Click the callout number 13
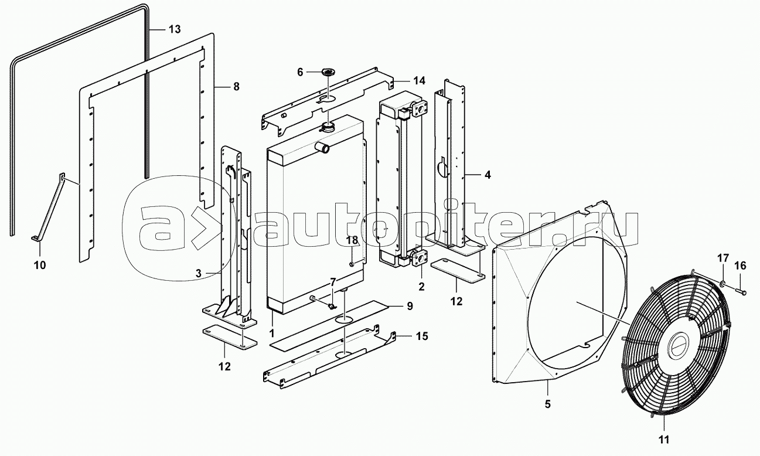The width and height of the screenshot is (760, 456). coord(175,29)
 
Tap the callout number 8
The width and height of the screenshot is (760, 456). coord(237,87)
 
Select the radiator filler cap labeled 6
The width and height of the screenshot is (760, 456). coord(328,72)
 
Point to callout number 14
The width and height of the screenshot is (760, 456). coord(419,81)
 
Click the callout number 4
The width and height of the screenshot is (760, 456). coord(488,175)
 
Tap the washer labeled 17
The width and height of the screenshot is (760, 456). coord(722,283)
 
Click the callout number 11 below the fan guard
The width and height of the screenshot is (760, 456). coord(664,440)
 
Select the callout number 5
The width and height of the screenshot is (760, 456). coord(548,404)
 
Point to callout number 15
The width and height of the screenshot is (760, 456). coord(422,336)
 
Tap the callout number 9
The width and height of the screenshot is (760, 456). coord(410,306)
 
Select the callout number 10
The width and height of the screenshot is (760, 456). coord(40,265)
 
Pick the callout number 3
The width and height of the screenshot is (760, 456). coord(199,274)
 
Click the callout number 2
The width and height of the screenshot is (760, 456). coord(421,287)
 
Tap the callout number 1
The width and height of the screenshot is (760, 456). coord(271,334)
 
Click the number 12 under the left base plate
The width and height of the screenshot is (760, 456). coord(224,366)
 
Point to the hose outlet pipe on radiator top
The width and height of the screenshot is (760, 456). coord(321,147)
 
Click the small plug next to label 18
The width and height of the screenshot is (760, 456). coord(352,264)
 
